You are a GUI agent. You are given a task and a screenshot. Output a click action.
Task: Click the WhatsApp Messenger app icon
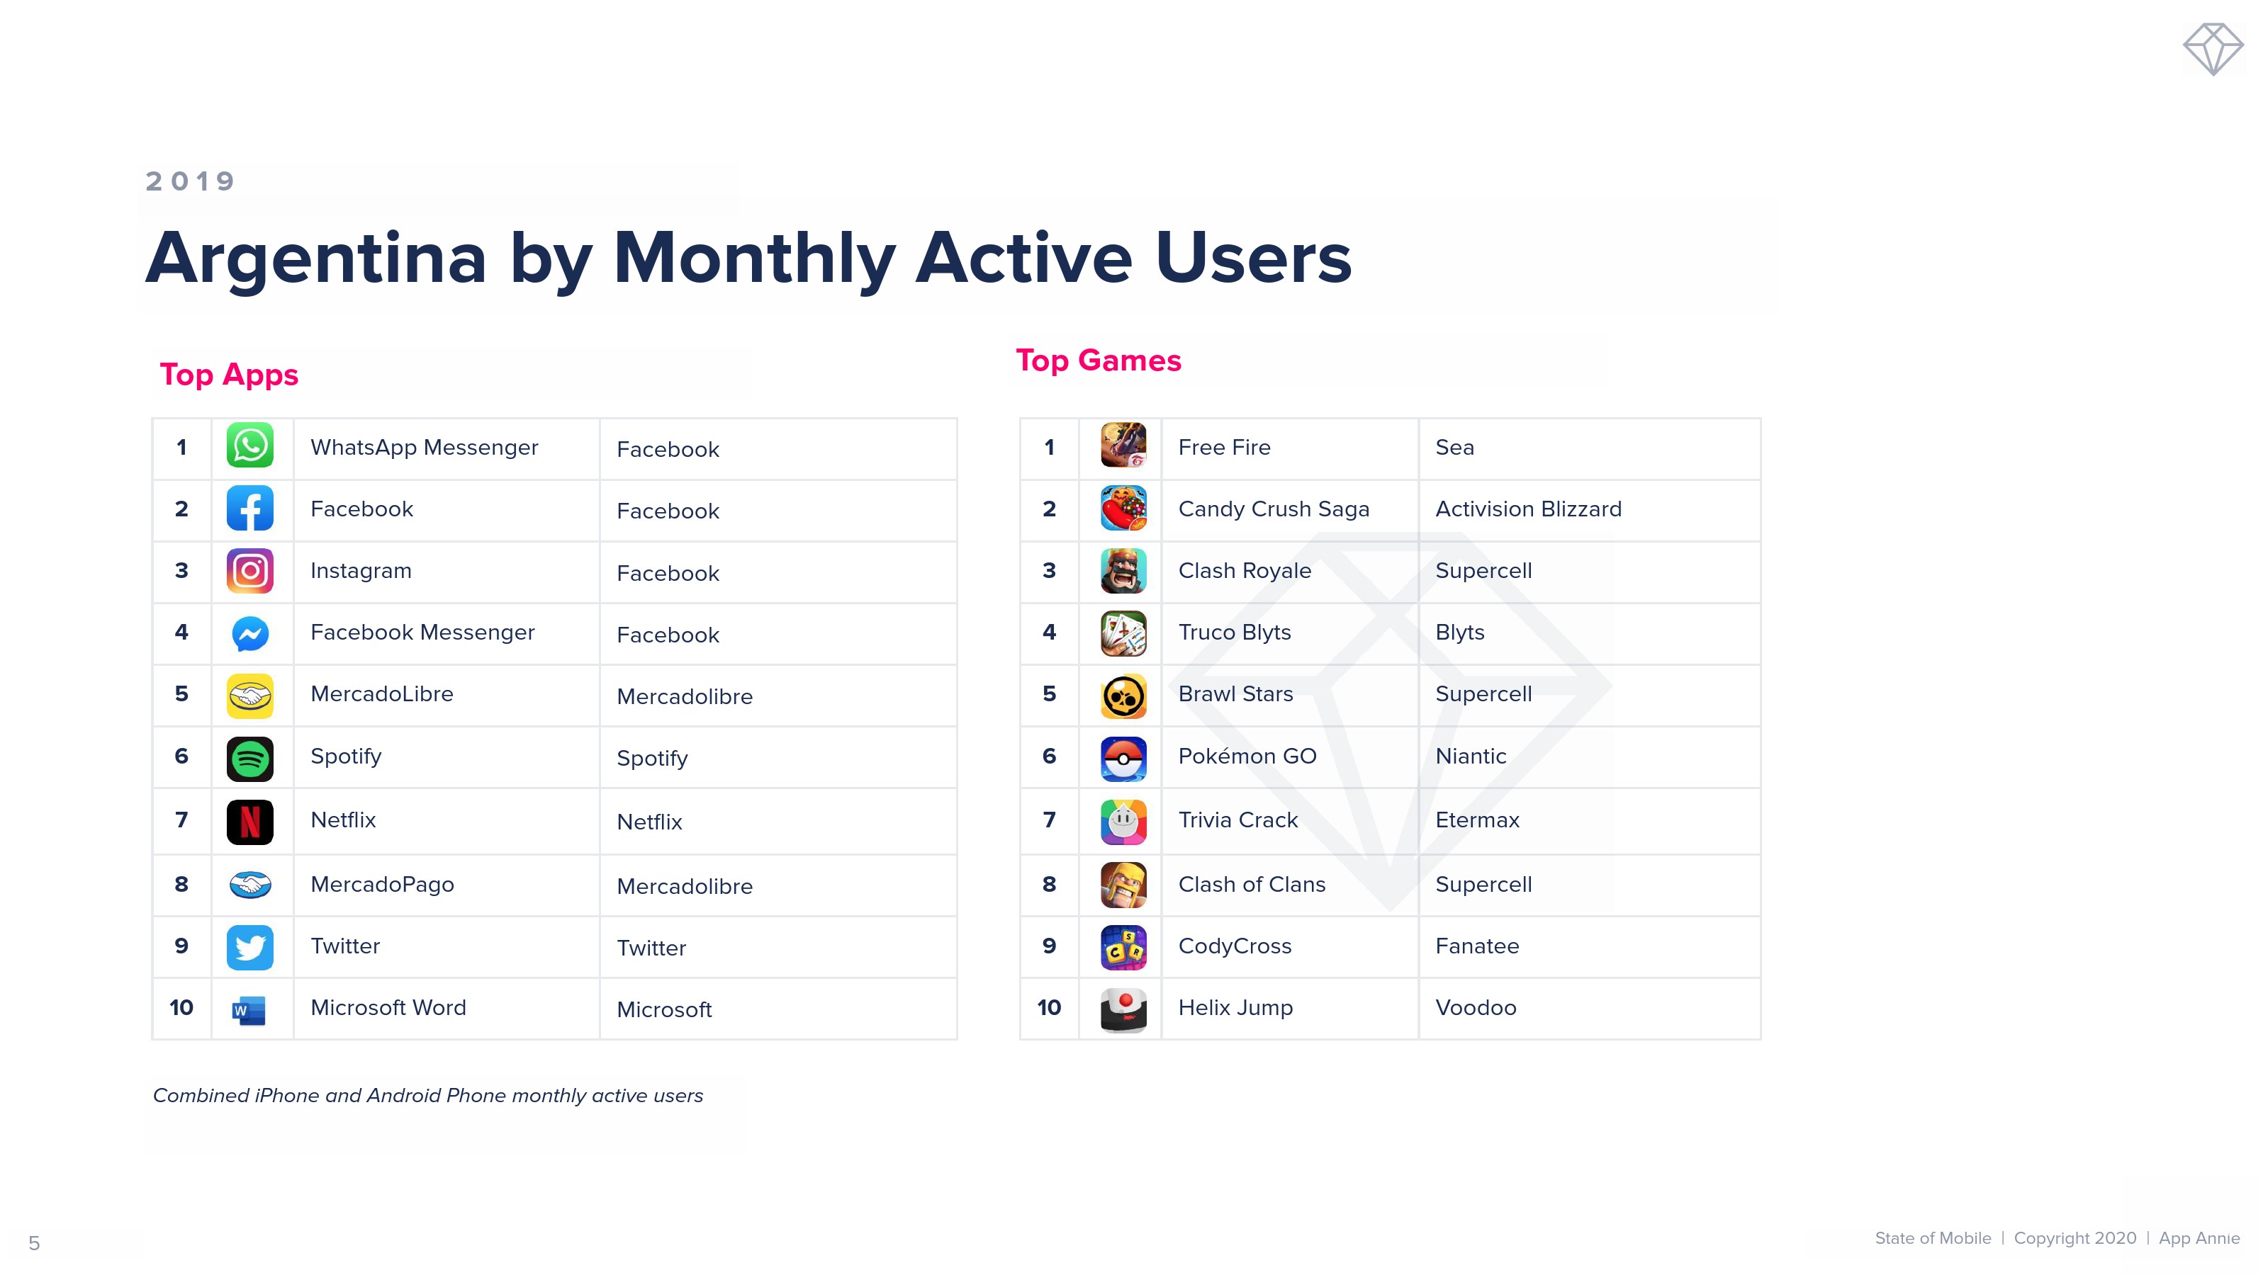(250, 446)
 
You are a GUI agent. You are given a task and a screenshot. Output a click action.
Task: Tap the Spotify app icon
(250, 759)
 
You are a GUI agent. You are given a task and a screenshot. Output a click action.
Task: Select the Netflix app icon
(250, 822)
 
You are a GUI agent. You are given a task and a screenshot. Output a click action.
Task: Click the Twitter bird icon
(250, 948)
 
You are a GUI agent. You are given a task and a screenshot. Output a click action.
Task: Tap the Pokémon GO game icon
(1123, 759)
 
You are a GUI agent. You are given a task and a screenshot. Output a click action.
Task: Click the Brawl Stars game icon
(1123, 696)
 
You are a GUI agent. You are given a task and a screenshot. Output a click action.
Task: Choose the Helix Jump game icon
(1123, 1010)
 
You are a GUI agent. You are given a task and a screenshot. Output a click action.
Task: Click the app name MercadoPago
(382, 884)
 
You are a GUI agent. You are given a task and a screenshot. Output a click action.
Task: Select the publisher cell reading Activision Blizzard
(1529, 509)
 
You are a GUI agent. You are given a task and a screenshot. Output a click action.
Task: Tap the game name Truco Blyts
(1235, 633)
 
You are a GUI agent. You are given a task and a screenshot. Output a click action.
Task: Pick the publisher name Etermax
(1477, 820)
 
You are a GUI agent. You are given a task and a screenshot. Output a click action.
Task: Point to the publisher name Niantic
(1471, 756)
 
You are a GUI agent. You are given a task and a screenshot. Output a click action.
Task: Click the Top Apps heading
(229, 375)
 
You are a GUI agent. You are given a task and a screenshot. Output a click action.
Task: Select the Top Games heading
(1099, 361)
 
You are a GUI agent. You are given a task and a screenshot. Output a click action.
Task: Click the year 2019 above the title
(190, 181)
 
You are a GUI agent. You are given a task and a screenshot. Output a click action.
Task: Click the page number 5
(34, 1243)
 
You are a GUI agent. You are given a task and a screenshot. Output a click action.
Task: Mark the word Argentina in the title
(316, 259)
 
